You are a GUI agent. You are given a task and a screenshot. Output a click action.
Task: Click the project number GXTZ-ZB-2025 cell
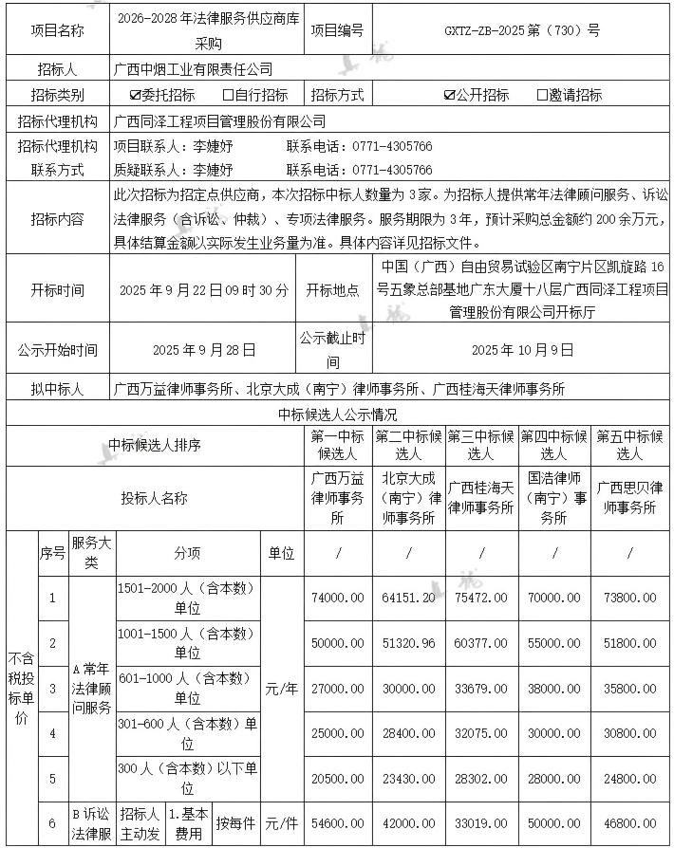click(522, 29)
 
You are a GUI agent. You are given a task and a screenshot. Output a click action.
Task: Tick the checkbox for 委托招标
click(135, 95)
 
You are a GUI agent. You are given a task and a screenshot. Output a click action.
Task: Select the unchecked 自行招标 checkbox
click(228, 95)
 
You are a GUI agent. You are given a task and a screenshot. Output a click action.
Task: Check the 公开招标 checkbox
click(449, 95)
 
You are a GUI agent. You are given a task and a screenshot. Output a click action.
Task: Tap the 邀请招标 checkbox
click(542, 95)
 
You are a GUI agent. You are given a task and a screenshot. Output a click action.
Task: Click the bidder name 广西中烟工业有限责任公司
click(193, 69)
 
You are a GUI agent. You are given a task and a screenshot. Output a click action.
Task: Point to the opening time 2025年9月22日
click(204, 290)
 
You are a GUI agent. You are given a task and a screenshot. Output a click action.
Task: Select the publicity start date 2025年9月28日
click(204, 349)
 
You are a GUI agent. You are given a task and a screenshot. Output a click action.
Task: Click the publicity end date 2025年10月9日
click(523, 349)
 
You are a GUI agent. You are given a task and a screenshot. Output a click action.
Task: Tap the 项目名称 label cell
click(57, 29)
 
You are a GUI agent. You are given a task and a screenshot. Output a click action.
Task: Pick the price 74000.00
click(337, 598)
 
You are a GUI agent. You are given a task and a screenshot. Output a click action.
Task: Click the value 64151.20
click(409, 598)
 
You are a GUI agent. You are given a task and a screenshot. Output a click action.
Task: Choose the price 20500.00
click(337, 778)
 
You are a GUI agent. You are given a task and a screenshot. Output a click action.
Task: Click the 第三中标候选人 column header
click(481, 444)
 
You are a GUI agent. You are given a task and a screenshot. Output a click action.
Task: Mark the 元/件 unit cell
click(282, 822)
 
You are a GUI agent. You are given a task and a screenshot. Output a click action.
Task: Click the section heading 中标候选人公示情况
click(337, 415)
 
